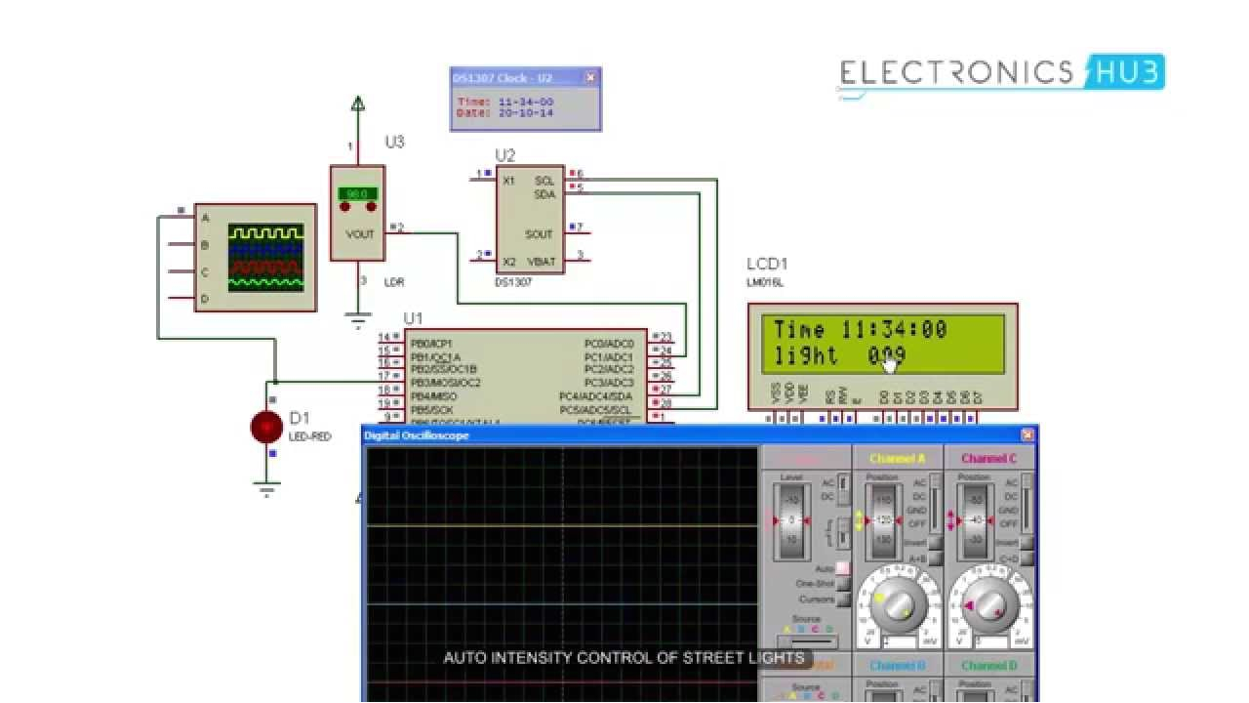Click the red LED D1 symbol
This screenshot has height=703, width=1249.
(266, 427)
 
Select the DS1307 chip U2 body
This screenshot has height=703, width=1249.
(529, 220)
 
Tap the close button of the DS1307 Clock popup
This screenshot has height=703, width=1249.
(590, 78)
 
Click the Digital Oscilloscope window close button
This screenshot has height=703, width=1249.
(1027, 435)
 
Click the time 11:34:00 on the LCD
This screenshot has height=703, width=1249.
(894, 330)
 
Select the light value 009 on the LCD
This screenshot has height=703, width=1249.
(887, 356)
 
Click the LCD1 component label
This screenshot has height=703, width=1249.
(767, 264)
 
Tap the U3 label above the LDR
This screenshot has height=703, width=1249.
(394, 142)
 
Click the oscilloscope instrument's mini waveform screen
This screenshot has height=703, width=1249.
(265, 258)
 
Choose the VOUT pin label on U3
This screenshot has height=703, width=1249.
(360, 234)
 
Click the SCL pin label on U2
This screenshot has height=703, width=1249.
(544, 181)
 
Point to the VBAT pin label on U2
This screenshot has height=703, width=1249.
(542, 262)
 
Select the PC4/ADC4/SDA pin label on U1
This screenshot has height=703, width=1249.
(595, 396)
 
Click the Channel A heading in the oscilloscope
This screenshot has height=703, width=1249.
(897, 458)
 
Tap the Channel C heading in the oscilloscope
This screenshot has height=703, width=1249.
(988, 458)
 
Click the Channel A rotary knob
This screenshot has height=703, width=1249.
(895, 607)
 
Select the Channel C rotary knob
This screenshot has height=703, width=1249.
(988, 607)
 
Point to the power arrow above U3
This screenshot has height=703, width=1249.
(358, 103)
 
